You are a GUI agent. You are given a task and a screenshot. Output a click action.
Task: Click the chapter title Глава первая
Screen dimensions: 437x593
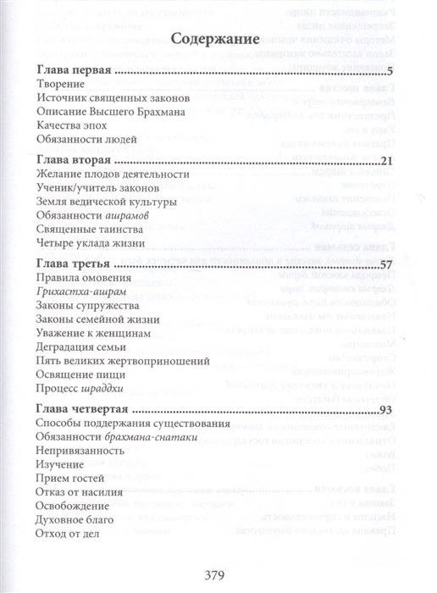point(75,70)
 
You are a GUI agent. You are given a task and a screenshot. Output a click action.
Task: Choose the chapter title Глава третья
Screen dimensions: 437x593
point(75,263)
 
